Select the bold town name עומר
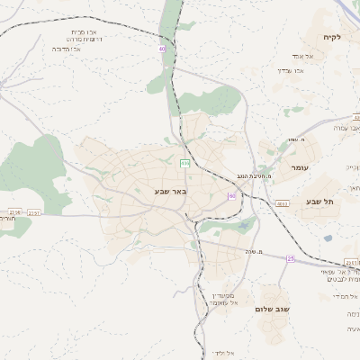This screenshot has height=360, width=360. click(x=300, y=167)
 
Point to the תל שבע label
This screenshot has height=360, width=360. click(x=319, y=202)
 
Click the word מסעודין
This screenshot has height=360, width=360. click(x=222, y=296)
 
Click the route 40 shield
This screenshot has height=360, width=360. click(x=163, y=49)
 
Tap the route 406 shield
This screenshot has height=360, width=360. click(x=184, y=163)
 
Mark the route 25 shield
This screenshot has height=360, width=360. click(x=291, y=258)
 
